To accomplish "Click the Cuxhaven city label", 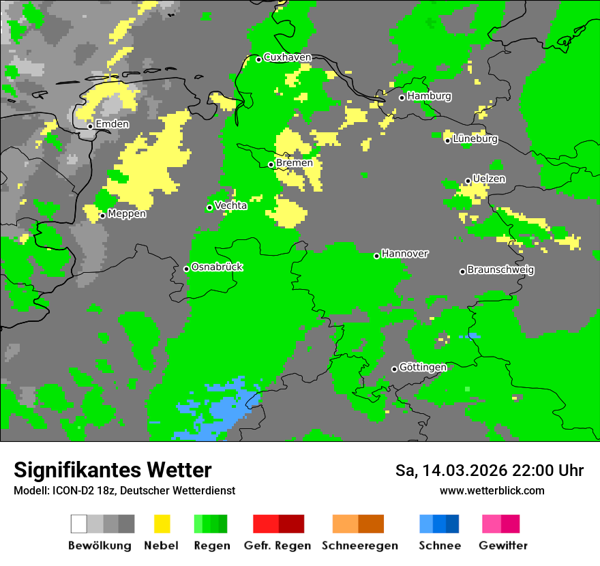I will tap(287, 57).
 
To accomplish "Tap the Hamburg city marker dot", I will tap(402, 98).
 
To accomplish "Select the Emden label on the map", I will tap(112, 124).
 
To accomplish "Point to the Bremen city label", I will tap(295, 163).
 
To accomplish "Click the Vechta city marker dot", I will tap(210, 207).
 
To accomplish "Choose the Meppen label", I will tap(127, 213).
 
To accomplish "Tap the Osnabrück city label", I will tap(217, 267).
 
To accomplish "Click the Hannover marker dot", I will tap(376, 256).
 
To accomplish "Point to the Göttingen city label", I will tap(423, 367).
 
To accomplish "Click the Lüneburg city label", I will tap(475, 138).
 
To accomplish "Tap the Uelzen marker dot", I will tap(468, 181).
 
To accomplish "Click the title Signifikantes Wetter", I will tap(112, 470).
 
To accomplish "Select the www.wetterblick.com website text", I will tap(492, 490).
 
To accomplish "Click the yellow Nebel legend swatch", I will tap(162, 524).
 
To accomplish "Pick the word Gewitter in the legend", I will tap(502, 546).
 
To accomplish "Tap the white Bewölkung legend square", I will tap(79, 524).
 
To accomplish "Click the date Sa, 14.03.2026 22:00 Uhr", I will tap(489, 471).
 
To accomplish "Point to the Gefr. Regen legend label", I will tap(277, 546).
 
